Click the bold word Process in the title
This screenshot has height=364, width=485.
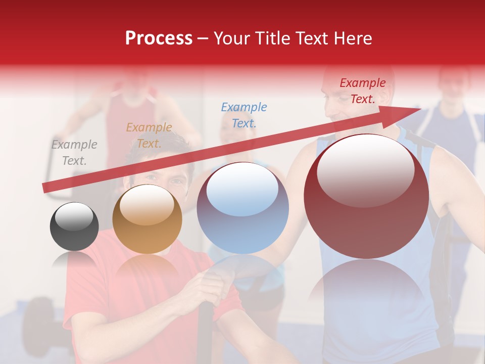(159, 38)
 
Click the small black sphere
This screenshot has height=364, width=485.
(74, 226)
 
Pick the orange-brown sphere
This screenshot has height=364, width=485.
(147, 219)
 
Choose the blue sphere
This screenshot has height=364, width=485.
(243, 208)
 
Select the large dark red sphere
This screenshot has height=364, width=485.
(366, 196)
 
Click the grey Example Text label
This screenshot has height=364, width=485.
(74, 153)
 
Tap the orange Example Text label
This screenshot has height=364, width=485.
(149, 135)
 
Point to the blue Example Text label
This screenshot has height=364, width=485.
(244, 115)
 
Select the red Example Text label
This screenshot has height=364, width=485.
(362, 91)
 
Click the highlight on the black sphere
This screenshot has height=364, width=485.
(74, 217)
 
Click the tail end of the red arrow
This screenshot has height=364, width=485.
(45, 188)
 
